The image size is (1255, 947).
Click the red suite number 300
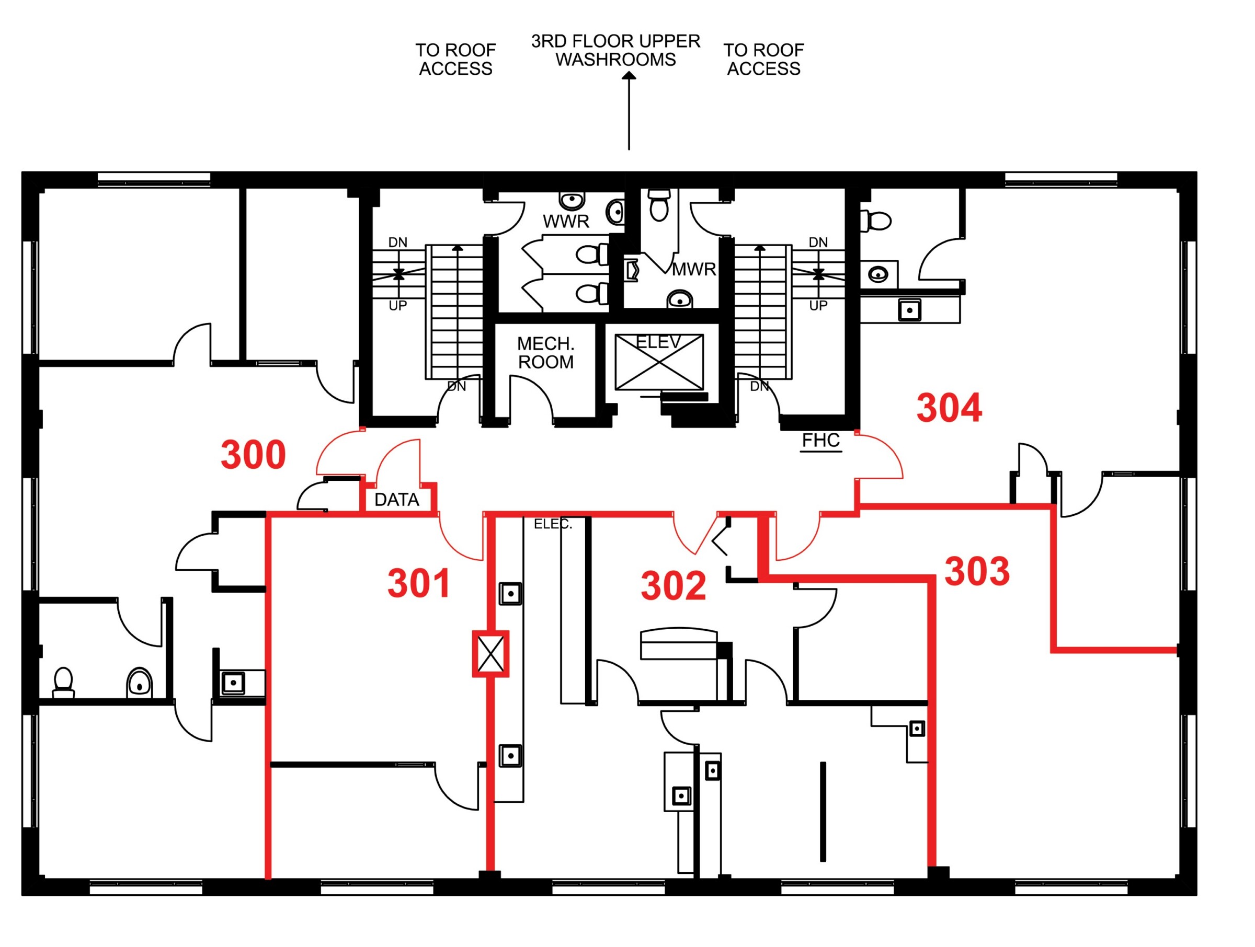tap(253, 455)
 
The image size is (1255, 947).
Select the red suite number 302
tap(674, 586)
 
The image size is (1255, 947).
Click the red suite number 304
tap(949, 408)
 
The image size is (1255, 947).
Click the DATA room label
tap(396, 500)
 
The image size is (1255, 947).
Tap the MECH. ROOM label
tap(546, 353)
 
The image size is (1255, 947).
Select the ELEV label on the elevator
tap(658, 342)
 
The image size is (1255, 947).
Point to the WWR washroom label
tap(566, 222)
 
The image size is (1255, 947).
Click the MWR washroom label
tap(694, 269)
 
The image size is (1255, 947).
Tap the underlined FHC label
tap(821, 440)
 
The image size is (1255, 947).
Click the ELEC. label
tap(553, 525)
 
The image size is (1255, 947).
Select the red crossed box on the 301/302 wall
tap(491, 654)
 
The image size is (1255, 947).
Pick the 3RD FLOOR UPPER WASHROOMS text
tap(615, 51)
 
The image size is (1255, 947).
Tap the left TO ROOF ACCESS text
tap(455, 60)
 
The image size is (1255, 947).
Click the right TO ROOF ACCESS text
tap(763, 60)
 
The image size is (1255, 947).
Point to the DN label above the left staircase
tap(398, 242)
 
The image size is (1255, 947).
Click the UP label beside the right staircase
tap(818, 306)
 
